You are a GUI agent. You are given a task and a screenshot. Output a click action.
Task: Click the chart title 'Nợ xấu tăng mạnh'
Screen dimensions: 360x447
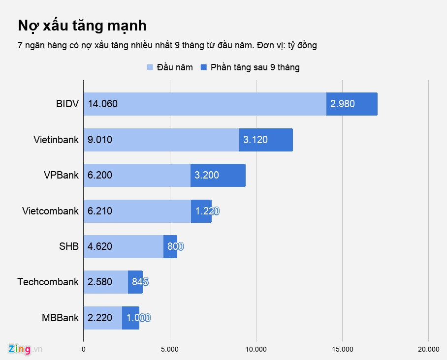tap(82, 25)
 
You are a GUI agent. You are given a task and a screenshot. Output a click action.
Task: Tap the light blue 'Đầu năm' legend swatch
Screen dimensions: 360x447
tap(150, 67)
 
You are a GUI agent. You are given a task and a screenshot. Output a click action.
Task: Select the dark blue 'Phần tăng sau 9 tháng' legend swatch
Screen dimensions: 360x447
tap(204, 67)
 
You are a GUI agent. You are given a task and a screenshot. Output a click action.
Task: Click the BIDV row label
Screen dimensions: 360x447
tap(67, 104)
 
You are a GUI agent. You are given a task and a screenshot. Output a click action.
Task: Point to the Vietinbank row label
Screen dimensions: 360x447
tap(56, 140)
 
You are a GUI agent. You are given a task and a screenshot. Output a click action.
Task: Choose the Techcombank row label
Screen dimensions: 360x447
tap(48, 282)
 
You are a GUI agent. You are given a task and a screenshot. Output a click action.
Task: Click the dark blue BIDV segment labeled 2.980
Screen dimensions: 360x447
tap(351, 104)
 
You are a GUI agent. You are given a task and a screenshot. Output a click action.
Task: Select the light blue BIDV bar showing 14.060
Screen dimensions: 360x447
tap(204, 104)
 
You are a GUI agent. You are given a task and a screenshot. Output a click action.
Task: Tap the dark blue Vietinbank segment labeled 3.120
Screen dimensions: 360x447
tap(266, 140)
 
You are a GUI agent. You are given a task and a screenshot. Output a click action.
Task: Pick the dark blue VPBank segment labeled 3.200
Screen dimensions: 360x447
tap(218, 175)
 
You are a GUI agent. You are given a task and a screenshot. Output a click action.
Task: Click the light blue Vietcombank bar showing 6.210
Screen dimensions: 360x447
tap(137, 211)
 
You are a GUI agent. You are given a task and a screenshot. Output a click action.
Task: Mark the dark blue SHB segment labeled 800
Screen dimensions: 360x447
tap(171, 246)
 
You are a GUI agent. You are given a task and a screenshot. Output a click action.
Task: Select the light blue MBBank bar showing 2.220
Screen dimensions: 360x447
tap(102, 318)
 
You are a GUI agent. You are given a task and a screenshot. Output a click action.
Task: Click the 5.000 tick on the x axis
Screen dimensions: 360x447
tap(170, 349)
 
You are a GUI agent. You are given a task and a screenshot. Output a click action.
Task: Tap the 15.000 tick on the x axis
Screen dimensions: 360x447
tap(343, 349)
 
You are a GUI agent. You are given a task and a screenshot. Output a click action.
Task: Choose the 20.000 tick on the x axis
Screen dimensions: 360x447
tap(428, 349)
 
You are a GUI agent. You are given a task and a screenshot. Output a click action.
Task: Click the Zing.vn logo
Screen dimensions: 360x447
tap(25, 349)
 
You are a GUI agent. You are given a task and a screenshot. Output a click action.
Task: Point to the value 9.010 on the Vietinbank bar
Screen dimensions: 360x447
tap(100, 140)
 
